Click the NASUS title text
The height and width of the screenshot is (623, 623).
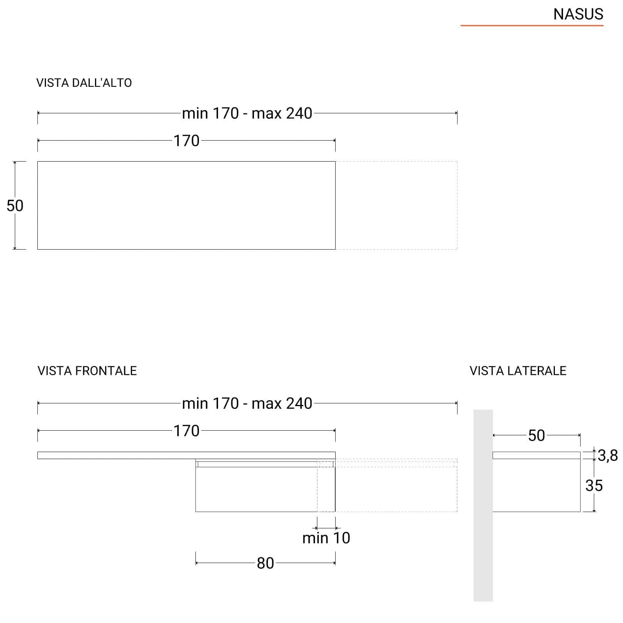(x=578, y=14)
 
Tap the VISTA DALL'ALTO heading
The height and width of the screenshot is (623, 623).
(x=84, y=83)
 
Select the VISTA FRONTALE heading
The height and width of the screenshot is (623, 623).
(x=87, y=371)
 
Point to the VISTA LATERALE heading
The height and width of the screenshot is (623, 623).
(x=518, y=371)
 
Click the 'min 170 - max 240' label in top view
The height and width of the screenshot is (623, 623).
(x=247, y=113)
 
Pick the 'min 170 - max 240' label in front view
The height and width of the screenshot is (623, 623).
(x=247, y=403)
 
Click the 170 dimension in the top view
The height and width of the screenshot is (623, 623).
(x=187, y=141)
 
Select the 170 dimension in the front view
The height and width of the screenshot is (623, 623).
(x=187, y=431)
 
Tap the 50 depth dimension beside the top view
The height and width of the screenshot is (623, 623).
(x=15, y=206)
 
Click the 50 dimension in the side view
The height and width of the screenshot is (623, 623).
(x=537, y=435)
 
